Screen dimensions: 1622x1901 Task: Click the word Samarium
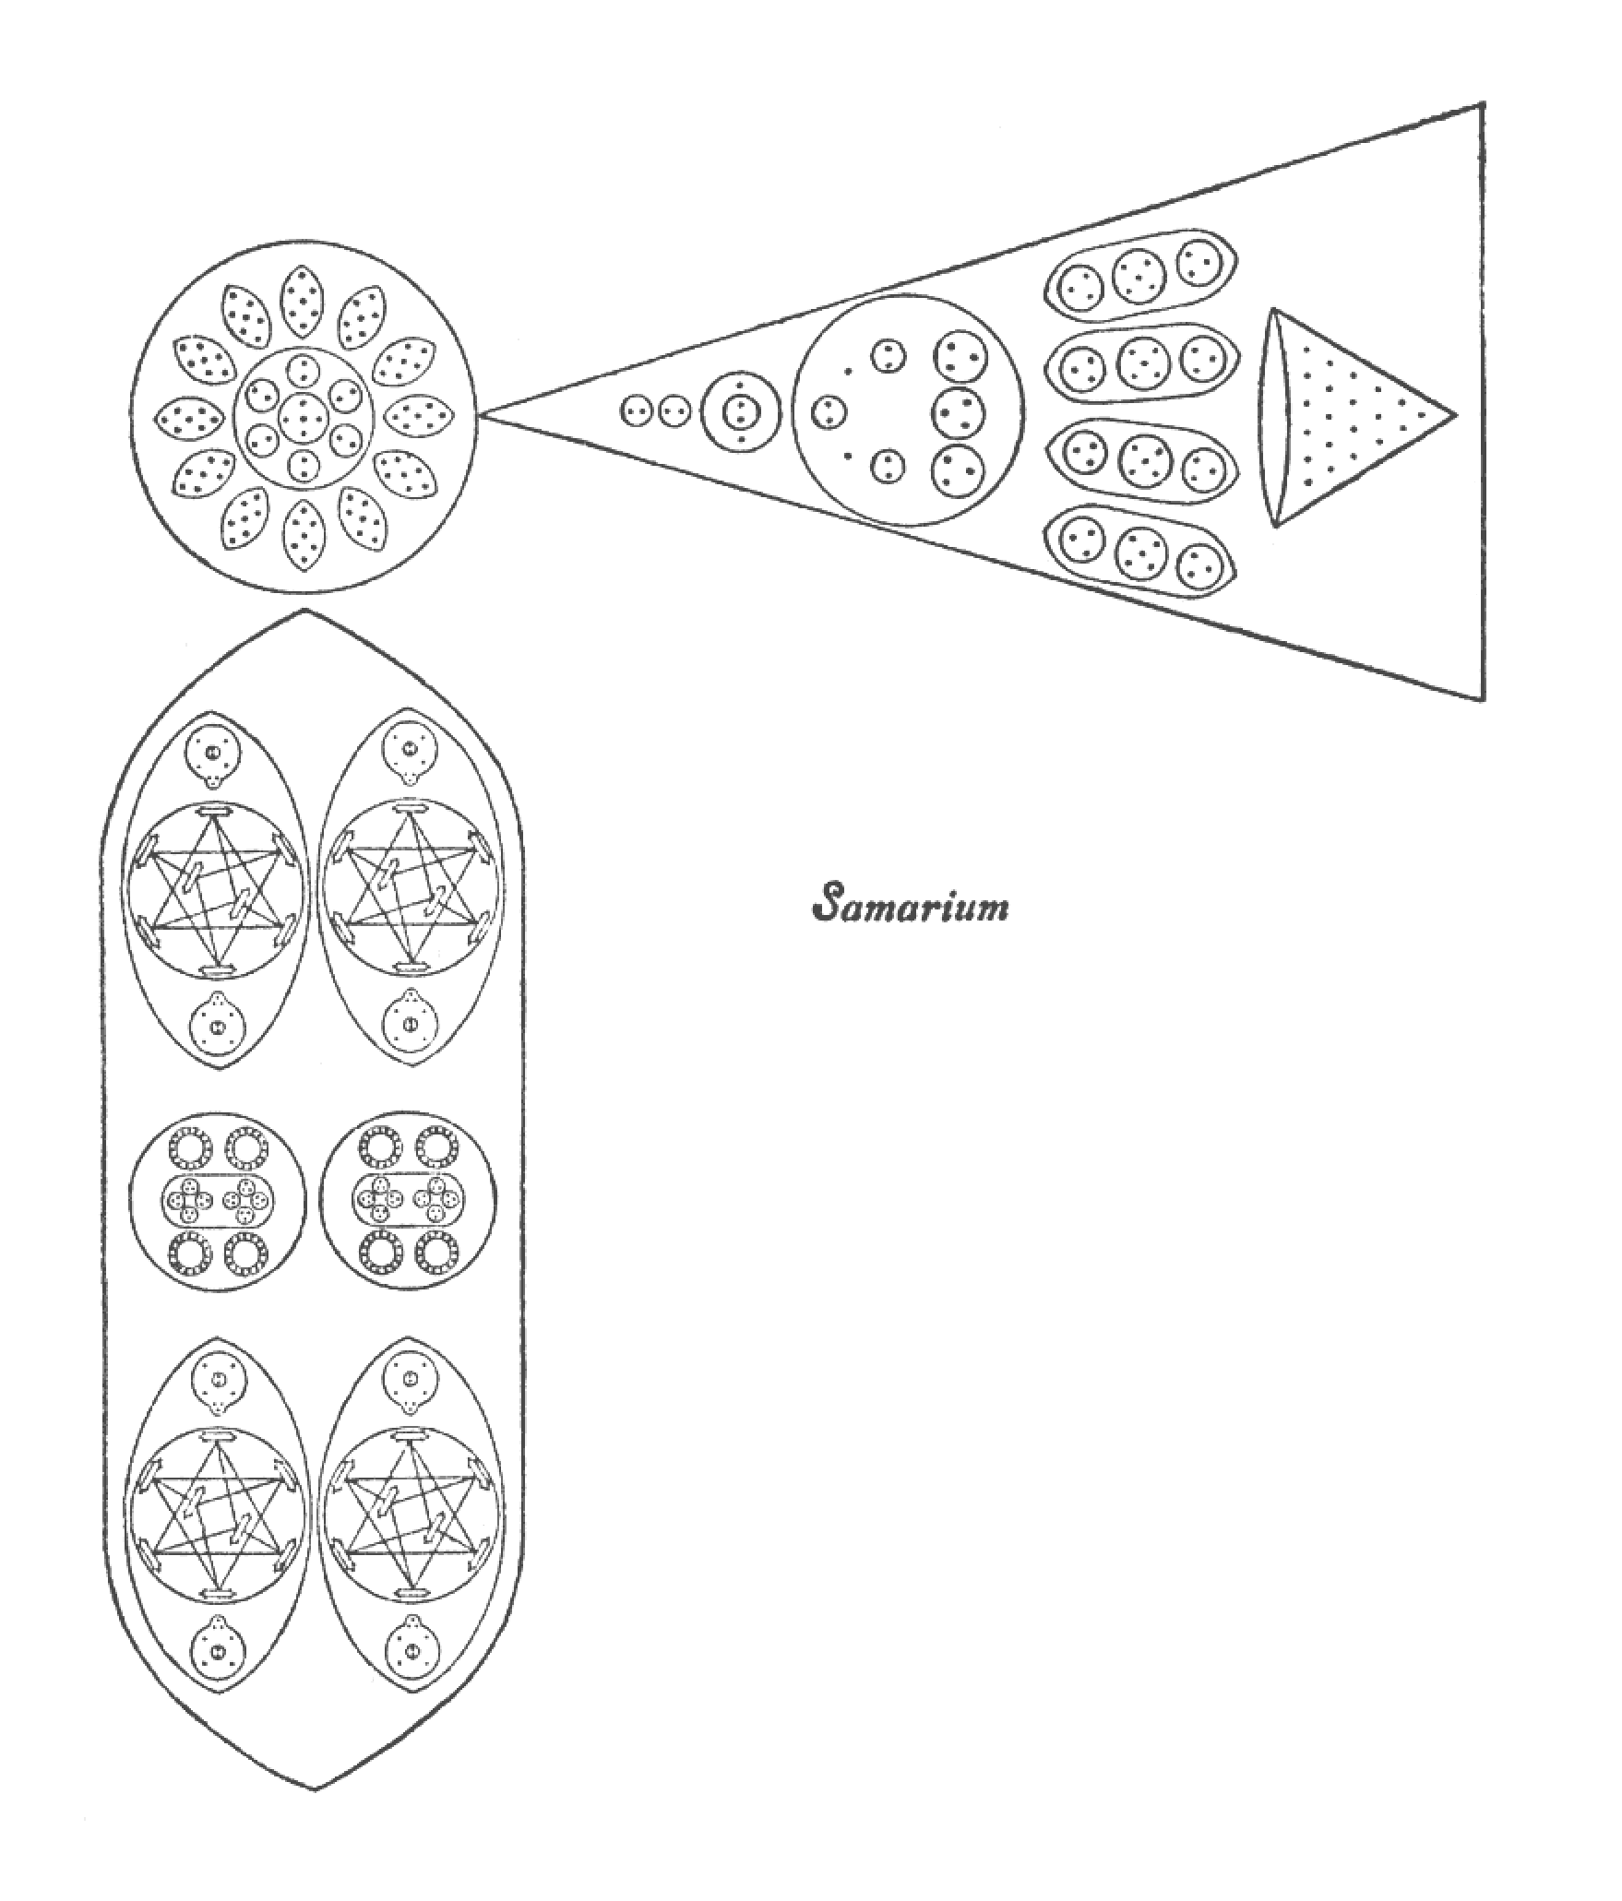(909, 904)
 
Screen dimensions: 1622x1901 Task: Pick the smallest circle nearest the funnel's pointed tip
(635, 411)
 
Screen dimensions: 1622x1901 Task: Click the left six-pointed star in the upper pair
(214, 891)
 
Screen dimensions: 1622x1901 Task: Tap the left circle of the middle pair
(217, 1197)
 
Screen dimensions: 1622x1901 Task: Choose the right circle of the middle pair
(408, 1197)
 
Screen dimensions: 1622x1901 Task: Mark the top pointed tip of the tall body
(305, 610)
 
